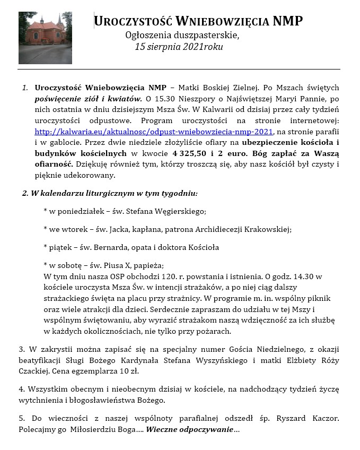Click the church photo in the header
pos(45,38)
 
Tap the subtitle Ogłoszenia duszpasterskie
pos(182,36)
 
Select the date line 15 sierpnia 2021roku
pos(179,47)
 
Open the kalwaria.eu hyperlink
pos(153,131)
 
